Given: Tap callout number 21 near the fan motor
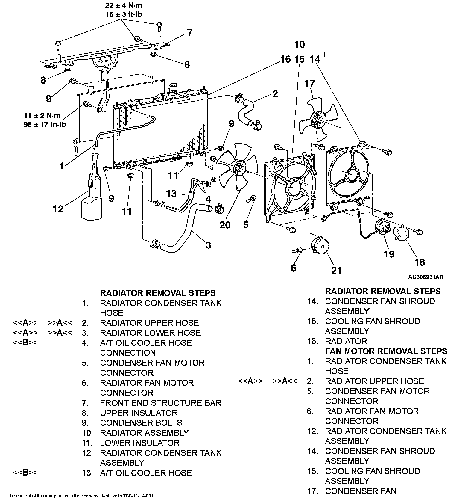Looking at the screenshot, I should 336,270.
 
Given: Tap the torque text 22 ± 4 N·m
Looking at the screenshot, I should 124,6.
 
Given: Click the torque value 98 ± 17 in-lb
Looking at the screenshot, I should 45,124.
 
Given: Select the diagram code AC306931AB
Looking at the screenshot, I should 426,277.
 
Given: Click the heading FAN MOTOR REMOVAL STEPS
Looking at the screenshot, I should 386,351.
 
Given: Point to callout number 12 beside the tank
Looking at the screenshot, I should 58,209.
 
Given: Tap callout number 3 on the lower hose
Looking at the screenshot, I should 208,245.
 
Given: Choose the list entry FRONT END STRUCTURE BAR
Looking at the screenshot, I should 161,403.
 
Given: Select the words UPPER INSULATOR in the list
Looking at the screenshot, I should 139,413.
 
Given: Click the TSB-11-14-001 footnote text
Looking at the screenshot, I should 81,496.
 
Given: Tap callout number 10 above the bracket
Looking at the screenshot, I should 300,45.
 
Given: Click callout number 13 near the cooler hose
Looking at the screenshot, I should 171,194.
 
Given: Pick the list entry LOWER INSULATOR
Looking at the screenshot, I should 139,443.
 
